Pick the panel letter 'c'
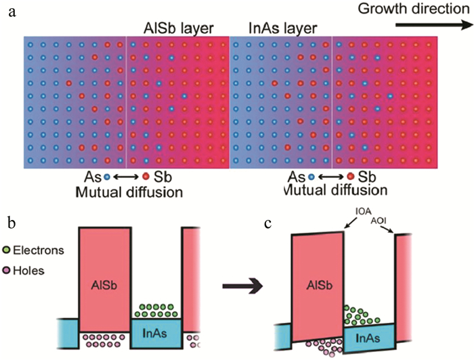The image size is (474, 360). (x=269, y=223)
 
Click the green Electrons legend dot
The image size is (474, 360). (x=7, y=250)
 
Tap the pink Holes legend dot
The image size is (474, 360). (x=7, y=269)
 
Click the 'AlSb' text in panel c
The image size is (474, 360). (x=317, y=286)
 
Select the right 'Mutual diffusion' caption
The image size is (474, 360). (x=328, y=192)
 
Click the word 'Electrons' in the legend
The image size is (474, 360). (x=39, y=250)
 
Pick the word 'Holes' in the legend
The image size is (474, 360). (x=30, y=269)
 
